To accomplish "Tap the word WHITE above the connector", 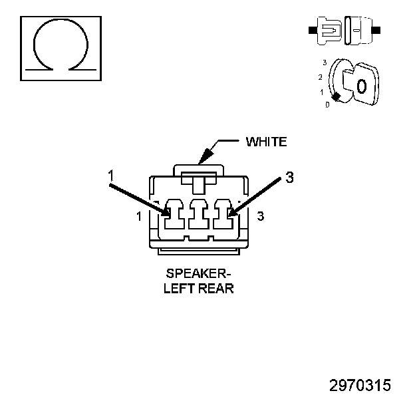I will click(266, 142).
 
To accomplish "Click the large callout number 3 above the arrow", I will click(289, 177).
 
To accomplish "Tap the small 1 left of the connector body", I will click(138, 216).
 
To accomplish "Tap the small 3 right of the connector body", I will click(260, 216).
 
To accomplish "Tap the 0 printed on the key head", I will click(361, 86).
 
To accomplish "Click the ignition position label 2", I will click(321, 77).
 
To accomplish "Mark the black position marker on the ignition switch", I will click(337, 97).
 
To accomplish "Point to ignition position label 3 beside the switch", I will click(324, 63).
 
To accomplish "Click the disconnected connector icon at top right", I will click(344, 30).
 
